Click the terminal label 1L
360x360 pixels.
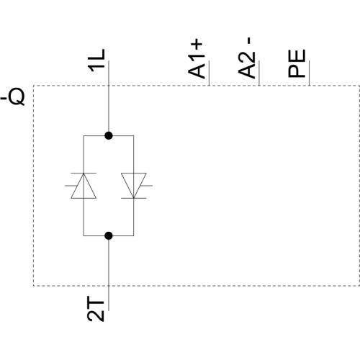[97, 60]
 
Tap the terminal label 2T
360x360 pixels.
[96, 308]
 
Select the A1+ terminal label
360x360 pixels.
[197, 59]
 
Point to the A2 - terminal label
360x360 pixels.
[246, 58]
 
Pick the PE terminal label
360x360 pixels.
[297, 63]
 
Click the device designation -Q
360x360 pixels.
[12, 97]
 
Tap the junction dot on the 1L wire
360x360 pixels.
[109, 135]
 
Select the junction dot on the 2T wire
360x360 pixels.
[109, 236]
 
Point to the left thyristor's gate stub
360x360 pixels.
[71, 186]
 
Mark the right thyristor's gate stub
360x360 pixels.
[146, 186]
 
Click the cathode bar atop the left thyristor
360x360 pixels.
[84, 173]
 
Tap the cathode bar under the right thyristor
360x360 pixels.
[134, 198]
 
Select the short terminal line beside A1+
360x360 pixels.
[209, 73]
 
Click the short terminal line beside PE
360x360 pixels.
[309, 73]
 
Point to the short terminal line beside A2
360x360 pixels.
[259, 73]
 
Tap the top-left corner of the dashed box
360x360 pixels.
[34, 86]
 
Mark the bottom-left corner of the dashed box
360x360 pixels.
[34, 286]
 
